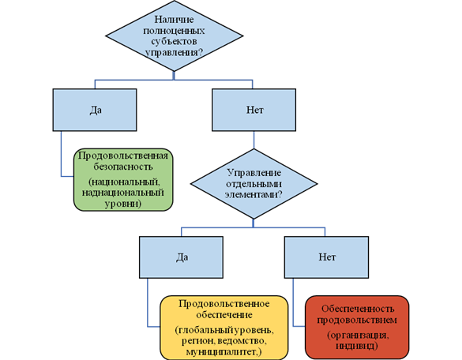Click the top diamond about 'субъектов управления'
(x=174, y=36)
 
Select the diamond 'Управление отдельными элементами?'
(x=254, y=184)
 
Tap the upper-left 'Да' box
(x=95, y=110)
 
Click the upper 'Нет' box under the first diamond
(x=254, y=110)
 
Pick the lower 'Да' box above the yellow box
(x=181, y=257)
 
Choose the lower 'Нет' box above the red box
(x=326, y=257)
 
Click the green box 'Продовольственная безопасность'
(x=123, y=180)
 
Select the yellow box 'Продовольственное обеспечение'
(x=224, y=328)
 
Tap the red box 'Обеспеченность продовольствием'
(x=357, y=328)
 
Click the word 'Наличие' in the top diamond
(x=174, y=20)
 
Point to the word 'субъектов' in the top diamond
(x=174, y=42)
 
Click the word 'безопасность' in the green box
(x=123, y=167)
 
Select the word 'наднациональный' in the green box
(x=123, y=193)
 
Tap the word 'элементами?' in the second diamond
(x=254, y=195)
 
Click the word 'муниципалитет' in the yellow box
(x=221, y=352)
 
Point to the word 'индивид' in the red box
(x=355, y=346)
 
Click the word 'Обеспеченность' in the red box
(x=358, y=309)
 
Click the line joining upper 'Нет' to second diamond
(x=254, y=140)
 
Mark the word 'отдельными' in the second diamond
(x=254, y=184)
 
